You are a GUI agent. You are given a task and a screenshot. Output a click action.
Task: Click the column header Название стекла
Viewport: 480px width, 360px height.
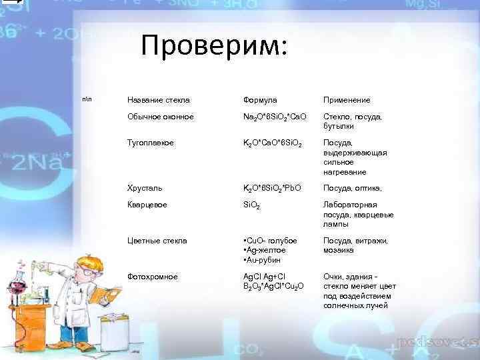(x=158, y=100)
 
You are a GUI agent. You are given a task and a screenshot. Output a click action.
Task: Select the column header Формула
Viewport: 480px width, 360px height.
(x=260, y=100)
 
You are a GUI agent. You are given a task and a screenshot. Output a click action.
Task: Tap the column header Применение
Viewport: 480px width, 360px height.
(x=347, y=100)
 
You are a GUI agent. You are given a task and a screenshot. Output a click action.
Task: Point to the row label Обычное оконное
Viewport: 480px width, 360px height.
(x=161, y=117)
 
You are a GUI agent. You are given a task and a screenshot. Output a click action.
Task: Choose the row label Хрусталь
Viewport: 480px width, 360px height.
(x=145, y=188)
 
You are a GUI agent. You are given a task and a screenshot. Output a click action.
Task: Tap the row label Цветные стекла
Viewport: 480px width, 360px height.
(x=157, y=240)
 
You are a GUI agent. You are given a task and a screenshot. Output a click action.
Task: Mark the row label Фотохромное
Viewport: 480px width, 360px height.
(x=153, y=276)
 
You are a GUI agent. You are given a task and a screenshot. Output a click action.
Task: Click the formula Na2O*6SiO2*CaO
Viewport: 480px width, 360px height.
(x=275, y=117)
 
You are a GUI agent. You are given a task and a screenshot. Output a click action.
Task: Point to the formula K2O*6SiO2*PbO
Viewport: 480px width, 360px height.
(x=273, y=189)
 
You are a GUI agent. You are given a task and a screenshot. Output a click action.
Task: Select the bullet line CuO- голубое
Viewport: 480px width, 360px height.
(x=270, y=240)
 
